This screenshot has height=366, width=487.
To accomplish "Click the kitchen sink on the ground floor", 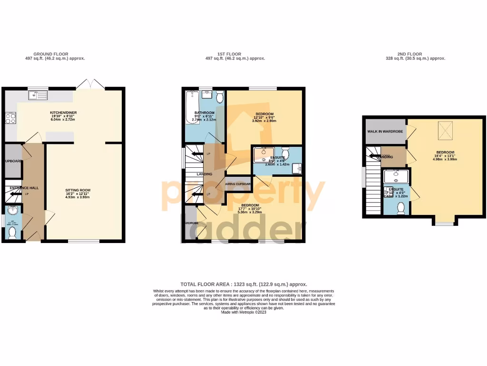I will click(38, 95).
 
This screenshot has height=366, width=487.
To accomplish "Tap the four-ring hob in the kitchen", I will click(10, 118).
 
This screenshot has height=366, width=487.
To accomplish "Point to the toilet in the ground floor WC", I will click(12, 233).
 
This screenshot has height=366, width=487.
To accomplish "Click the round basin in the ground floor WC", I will click(12, 211).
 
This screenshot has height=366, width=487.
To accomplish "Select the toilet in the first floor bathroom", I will click(219, 97).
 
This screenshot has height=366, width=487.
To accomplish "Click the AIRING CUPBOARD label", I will click(238, 183).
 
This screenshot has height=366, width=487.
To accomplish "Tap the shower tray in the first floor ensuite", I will click(262, 154).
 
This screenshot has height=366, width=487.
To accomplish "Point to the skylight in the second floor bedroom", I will click(445, 129).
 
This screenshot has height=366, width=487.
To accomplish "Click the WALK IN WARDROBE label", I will click(385, 131).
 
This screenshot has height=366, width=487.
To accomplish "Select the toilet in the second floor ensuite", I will click(400, 208).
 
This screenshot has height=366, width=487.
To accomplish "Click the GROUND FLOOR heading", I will click(51, 54).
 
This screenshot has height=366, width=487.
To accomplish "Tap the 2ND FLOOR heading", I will click(409, 54).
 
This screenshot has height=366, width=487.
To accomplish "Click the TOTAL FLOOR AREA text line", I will click(243, 284).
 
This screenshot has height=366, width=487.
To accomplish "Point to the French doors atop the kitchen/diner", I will click(91, 84).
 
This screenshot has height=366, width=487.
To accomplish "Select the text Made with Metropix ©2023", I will click(243, 312).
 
